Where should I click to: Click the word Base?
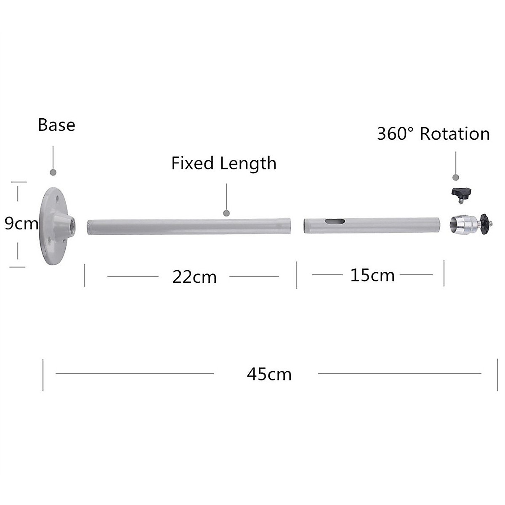point(56,125)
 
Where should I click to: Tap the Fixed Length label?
point(223,163)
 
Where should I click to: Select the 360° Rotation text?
point(433,134)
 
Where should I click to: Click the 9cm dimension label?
point(21,223)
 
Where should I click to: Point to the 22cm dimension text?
point(194,277)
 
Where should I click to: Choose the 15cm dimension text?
point(372,275)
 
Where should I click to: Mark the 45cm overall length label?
point(269,374)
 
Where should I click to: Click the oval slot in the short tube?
point(335,221)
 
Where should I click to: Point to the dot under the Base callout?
point(53,173)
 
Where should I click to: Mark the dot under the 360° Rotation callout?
point(455,177)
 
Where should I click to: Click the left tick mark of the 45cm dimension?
point(43,375)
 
